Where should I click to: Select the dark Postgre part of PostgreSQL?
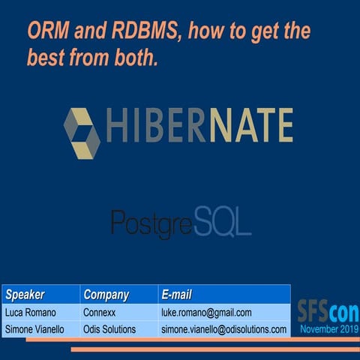click(152, 221)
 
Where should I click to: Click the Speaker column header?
click(25, 294)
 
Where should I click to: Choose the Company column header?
click(106, 294)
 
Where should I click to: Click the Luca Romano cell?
click(32, 312)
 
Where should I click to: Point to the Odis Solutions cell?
click(109, 329)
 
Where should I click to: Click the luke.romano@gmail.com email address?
click(206, 312)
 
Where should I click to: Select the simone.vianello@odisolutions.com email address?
click(223, 329)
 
